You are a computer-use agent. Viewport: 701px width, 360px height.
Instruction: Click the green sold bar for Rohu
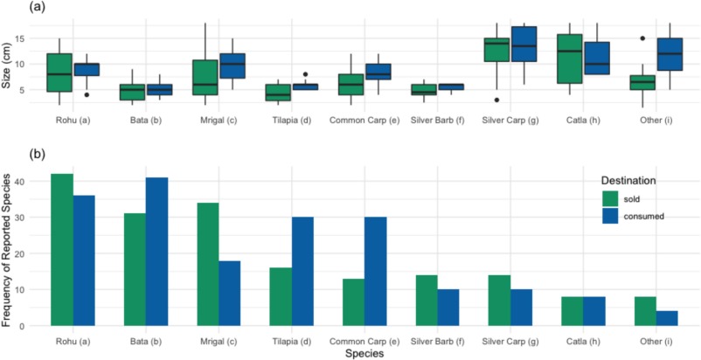[x=61, y=250]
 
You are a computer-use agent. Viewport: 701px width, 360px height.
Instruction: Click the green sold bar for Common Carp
[x=353, y=302]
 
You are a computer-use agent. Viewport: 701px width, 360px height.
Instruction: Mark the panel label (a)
[x=12, y=7]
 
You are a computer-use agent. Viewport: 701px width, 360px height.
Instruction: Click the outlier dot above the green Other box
[x=642, y=38]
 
